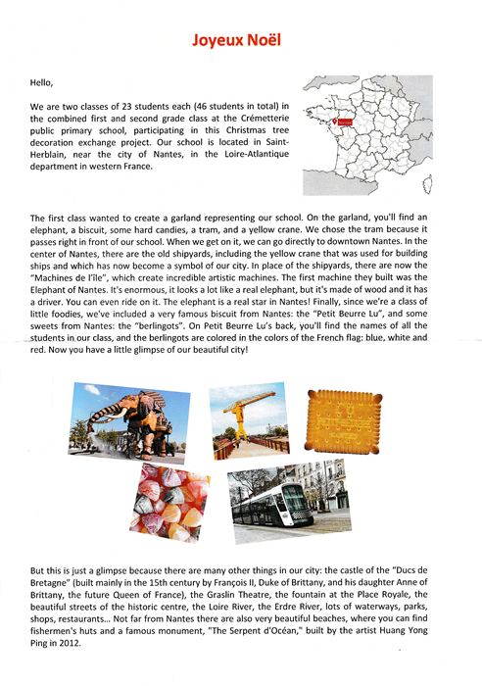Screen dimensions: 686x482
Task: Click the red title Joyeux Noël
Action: [x=240, y=42]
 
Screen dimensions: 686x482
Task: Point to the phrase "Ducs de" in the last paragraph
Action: [x=427, y=570]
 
